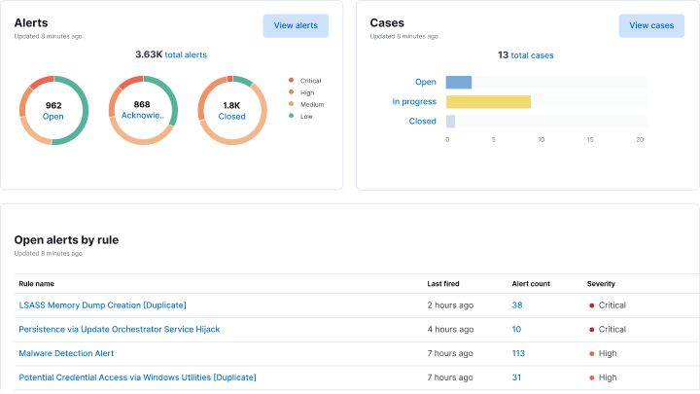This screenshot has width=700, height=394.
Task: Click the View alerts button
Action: pyautogui.click(x=296, y=25)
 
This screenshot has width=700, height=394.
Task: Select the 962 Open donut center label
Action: pyautogui.click(x=53, y=110)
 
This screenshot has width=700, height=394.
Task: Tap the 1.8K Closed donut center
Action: pyautogui.click(x=232, y=110)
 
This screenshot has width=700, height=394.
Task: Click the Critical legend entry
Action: pyautogui.click(x=310, y=81)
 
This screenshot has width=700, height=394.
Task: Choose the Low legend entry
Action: pyautogui.click(x=305, y=116)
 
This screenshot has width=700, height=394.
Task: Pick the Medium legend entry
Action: pyautogui.click(x=311, y=104)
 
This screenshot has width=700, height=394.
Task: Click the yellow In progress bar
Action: pyautogui.click(x=488, y=101)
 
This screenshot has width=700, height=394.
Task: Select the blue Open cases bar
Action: pyautogui.click(x=459, y=82)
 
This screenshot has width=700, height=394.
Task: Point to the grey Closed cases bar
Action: pyautogui.click(x=450, y=121)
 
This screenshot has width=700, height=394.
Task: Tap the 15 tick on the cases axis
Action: pyautogui.click(x=590, y=139)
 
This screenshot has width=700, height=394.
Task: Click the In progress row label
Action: pyautogui.click(x=414, y=101)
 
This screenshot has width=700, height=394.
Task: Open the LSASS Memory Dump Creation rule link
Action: pyautogui.click(x=102, y=304)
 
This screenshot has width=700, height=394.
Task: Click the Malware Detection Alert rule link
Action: pyautogui.click(x=67, y=353)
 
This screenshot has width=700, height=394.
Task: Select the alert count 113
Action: pyautogui.click(x=518, y=353)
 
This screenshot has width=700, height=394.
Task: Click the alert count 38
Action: pyautogui.click(x=517, y=304)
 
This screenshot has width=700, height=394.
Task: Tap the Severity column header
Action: pyautogui.click(x=601, y=284)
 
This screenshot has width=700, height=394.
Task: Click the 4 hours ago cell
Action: pyautogui.click(x=450, y=329)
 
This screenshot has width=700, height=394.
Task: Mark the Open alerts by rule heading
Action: pyautogui.click(x=66, y=239)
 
